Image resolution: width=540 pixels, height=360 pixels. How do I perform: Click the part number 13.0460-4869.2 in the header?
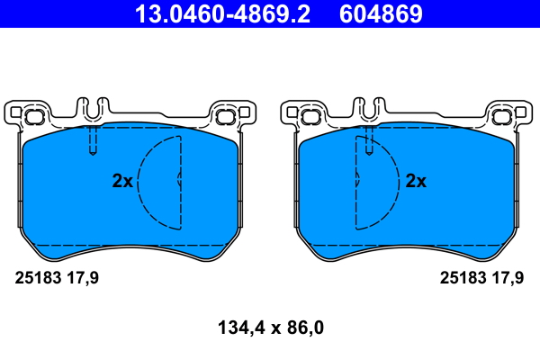point(222,13)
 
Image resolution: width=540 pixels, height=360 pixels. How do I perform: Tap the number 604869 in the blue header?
point(381,13)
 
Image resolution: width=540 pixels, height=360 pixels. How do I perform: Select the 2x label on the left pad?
point(122,181)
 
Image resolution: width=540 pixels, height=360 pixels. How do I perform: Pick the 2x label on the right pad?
point(416,181)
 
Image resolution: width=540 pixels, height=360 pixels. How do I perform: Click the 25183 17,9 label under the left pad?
point(57,278)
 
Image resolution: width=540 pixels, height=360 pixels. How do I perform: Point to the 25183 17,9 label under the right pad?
point(481,278)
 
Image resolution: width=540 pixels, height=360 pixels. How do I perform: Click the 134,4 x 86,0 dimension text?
point(271,328)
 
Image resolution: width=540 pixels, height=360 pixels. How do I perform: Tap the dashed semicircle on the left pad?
point(138,183)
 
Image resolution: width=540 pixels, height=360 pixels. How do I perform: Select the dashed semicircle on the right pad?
point(399,183)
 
